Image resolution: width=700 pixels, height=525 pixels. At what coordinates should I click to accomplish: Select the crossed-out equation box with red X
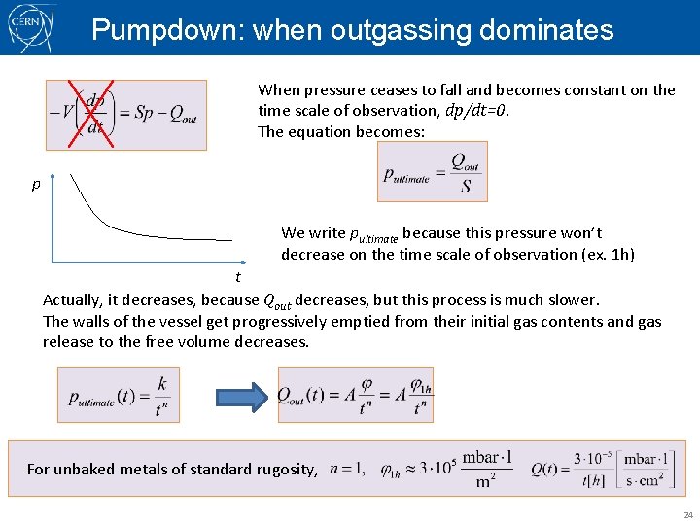(x=125, y=114)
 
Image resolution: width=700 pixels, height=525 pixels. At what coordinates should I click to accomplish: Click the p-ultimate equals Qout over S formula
(x=433, y=173)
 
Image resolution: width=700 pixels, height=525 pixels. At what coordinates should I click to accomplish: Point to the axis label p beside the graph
(x=36, y=185)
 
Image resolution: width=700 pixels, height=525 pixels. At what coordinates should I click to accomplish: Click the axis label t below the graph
(x=237, y=278)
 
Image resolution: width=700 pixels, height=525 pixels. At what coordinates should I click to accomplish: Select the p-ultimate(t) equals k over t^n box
(x=119, y=395)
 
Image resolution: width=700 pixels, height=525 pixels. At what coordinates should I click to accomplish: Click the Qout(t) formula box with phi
(x=356, y=395)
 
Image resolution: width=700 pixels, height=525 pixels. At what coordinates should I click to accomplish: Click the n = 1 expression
(x=348, y=469)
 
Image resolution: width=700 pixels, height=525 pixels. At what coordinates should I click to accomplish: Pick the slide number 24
(x=688, y=514)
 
